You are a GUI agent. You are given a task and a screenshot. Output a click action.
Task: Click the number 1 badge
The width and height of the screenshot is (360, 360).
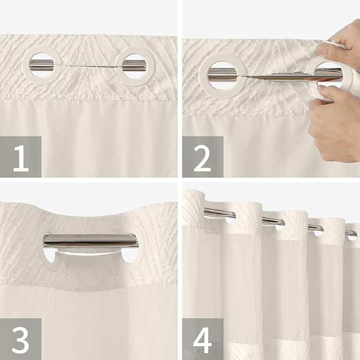[x=21, y=156]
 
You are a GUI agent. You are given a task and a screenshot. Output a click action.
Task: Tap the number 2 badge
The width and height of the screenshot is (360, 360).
[x=203, y=156]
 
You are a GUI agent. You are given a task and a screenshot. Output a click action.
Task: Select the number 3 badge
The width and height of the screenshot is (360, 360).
[x=21, y=339]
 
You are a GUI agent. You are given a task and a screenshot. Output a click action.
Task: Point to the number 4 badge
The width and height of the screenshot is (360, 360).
[x=203, y=339]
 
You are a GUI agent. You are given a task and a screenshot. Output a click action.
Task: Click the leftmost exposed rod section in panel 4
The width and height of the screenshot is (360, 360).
[x=218, y=212]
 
